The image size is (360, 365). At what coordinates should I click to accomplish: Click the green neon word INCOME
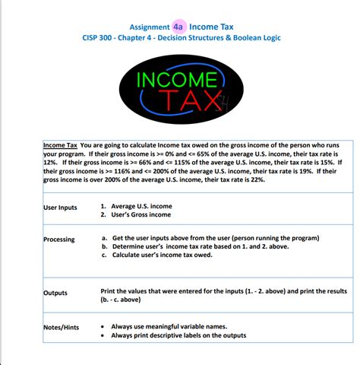coord(175,78)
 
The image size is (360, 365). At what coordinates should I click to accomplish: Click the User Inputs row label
coord(60,208)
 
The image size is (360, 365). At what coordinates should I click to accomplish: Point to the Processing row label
coord(59,240)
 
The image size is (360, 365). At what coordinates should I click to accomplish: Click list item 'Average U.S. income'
coord(141,206)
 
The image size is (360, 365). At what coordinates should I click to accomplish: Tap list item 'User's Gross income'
coord(141,215)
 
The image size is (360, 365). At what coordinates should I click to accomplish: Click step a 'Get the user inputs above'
coord(201,238)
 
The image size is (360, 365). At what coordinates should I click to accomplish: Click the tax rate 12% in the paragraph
coord(50,163)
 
